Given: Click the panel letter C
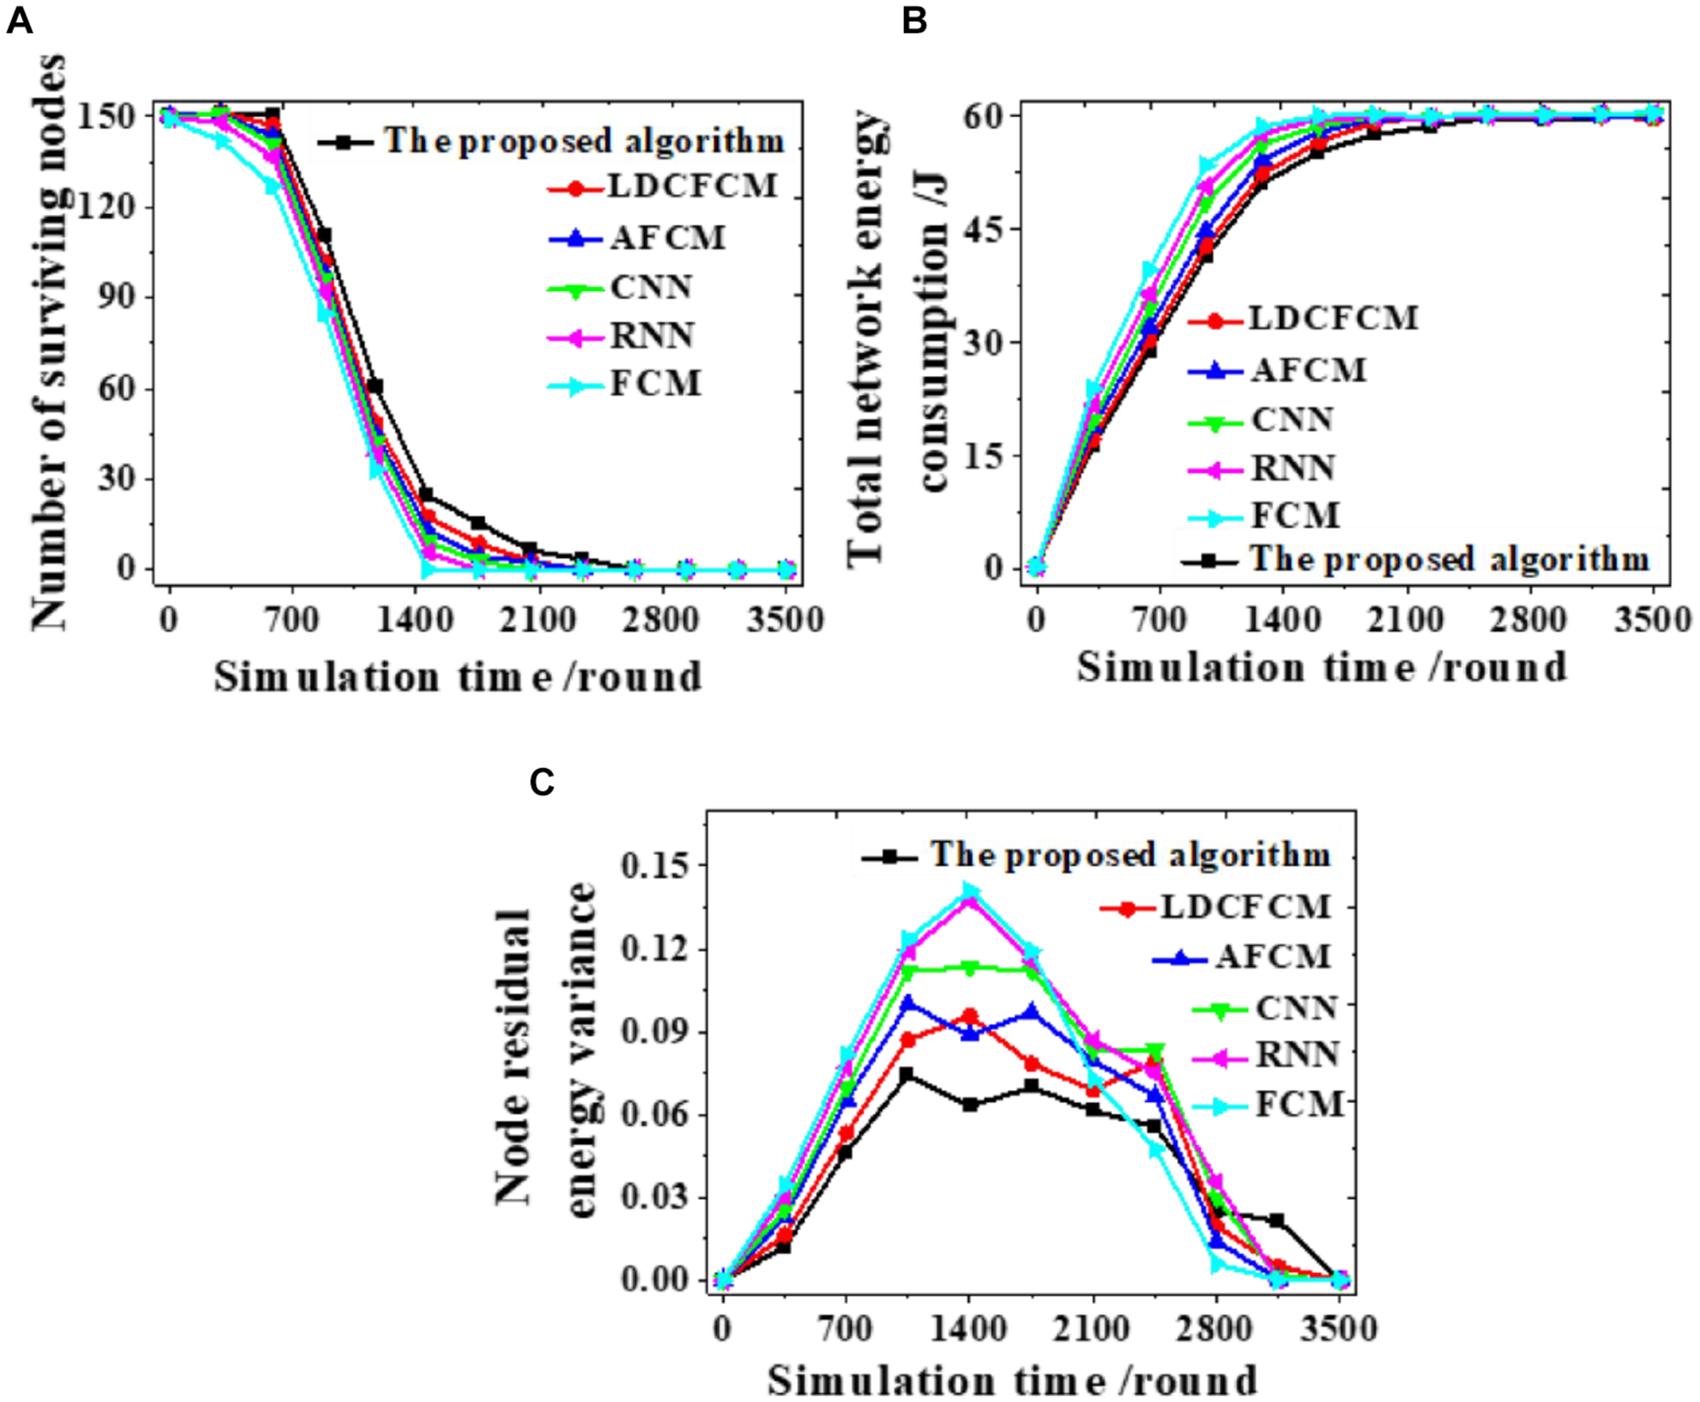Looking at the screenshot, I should tap(542, 782).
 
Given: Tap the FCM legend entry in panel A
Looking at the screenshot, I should tap(655, 383).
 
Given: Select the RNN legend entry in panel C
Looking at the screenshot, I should tap(1297, 1055).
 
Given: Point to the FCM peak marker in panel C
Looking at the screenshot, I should tap(970, 891).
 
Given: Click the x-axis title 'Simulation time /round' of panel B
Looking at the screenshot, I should tap(1321, 668).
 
